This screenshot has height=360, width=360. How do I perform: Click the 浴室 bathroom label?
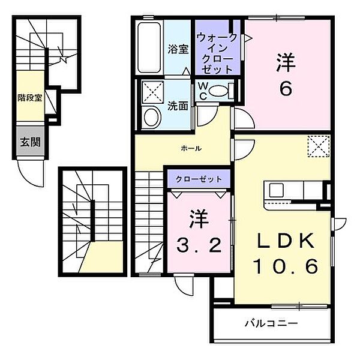tap(178, 49)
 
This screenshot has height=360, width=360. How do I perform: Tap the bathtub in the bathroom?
tap(149, 47)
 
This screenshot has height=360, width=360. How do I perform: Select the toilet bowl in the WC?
tap(218, 91)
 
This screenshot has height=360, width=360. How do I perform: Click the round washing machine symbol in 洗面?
tap(151, 117)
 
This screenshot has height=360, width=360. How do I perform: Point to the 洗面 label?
tap(178, 106)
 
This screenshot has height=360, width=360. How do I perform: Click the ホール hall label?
tap(191, 149)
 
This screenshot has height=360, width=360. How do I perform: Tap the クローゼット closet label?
tap(199, 179)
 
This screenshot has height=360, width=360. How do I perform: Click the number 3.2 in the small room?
tap(199, 245)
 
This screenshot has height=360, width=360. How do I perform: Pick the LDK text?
tap(286, 241)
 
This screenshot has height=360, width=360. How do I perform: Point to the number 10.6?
tap(286, 266)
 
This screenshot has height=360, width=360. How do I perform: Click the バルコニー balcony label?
tap(271, 323)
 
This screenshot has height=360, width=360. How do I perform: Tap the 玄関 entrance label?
tap(30, 142)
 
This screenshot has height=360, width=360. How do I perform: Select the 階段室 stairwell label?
tap(30, 98)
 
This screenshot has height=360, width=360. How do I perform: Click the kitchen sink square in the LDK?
tap(276, 190)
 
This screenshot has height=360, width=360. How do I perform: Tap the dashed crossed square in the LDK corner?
tap(319, 146)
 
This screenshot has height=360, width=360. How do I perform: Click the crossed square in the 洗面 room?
tap(152, 92)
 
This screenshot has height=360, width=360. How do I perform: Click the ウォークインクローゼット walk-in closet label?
tap(217, 53)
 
